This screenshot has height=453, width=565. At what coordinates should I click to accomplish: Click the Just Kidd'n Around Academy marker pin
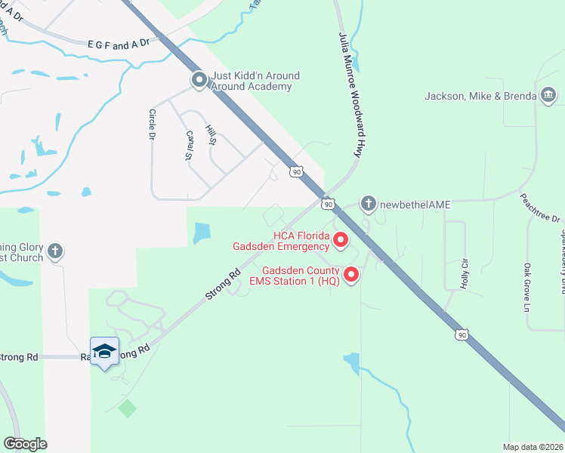click(199, 79)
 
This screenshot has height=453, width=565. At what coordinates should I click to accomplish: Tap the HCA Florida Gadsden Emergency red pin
click(340, 240)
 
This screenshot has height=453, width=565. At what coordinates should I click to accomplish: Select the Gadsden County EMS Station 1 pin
click(351, 275)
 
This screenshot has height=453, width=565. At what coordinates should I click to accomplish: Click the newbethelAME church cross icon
click(368, 203)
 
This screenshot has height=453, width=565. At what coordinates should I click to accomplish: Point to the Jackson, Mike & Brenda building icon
click(548, 95)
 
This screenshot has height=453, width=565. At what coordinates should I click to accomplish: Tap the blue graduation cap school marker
click(104, 352)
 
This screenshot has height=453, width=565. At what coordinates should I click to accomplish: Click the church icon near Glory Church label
click(54, 251)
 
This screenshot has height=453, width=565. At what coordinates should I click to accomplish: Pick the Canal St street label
click(189, 145)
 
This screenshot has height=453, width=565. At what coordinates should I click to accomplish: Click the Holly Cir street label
click(465, 274)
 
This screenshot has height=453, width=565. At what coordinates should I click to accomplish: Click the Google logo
click(25, 443)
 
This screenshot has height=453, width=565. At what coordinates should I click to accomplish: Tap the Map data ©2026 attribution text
click(533, 447)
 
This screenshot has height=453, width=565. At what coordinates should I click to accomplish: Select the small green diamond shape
click(128, 408)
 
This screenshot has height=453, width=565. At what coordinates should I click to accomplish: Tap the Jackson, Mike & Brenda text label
click(480, 96)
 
